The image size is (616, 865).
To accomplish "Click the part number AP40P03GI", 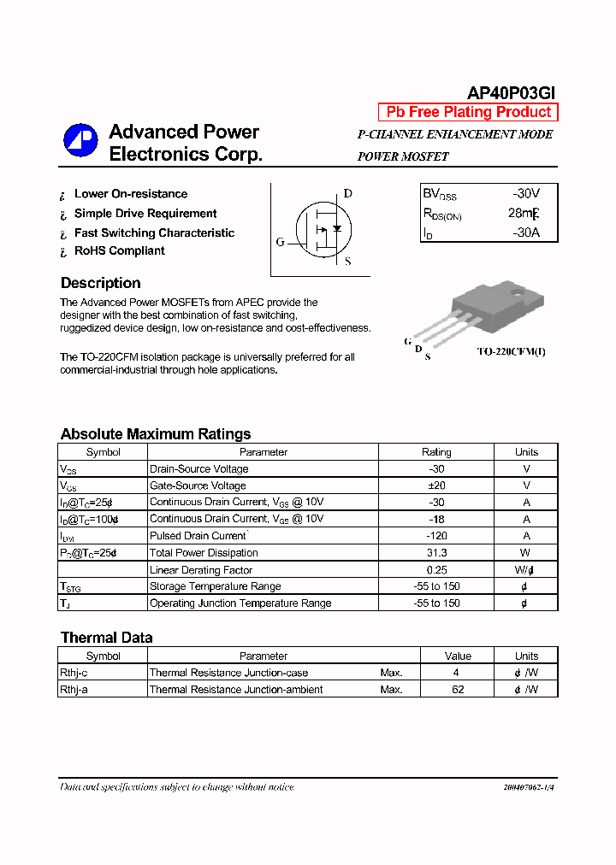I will point(512,93).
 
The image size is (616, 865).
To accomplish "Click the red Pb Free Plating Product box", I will point(468,112).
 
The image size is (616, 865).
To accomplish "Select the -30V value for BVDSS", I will point(525,194).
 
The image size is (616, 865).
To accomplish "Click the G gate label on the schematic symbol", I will point(280,242).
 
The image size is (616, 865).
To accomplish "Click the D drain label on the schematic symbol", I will point(348,193).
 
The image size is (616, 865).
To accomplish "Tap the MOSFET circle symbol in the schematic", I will point(323,228).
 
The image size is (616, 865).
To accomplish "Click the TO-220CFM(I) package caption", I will point(510,351).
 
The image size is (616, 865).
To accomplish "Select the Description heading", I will point(100,283).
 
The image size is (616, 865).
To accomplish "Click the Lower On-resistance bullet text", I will point(130,194).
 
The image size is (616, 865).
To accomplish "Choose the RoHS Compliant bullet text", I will point(119,250).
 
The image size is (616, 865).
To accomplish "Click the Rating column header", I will point(436,452).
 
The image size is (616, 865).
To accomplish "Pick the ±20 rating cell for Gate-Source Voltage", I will point(436,485).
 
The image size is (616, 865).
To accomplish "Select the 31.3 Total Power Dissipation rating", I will point(436,553).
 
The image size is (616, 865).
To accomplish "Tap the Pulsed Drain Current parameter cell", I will point(198,536).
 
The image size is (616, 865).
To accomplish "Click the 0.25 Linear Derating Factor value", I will point(436,570).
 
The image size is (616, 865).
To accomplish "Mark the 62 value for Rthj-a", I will point(458,690).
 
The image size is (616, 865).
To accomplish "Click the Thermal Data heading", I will point(106,638).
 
